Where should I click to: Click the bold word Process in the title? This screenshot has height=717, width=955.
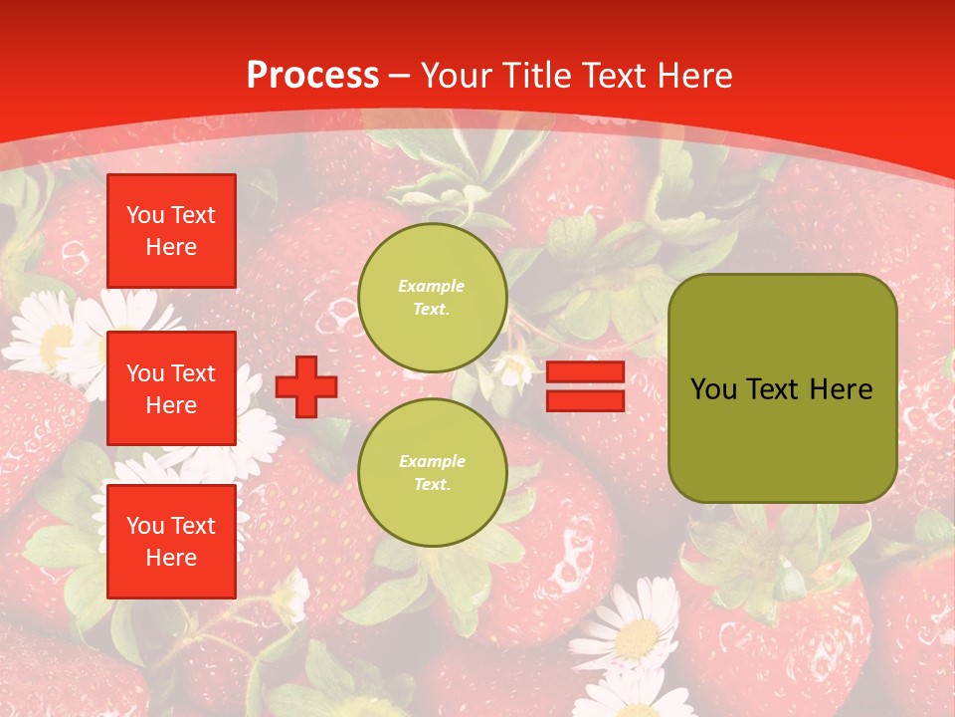tap(312, 76)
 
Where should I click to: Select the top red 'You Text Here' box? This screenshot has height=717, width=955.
tap(171, 231)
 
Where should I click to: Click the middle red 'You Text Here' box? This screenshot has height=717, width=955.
tap(171, 388)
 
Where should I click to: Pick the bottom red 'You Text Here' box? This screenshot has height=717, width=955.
tap(171, 542)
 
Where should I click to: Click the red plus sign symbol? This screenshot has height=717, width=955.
tap(305, 387)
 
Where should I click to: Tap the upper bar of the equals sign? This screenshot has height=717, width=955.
tap(585, 372)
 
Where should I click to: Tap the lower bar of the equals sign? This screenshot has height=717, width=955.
tap(585, 401)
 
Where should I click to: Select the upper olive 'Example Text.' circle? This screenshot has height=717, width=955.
tap(432, 298)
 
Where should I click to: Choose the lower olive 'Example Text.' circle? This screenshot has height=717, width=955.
tap(432, 473)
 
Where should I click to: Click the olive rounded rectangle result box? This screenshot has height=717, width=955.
tap(782, 388)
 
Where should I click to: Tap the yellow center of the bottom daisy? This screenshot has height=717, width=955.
tap(637, 637)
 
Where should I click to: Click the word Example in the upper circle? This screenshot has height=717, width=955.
tap(432, 287)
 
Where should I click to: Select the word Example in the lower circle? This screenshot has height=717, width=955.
tap(432, 462)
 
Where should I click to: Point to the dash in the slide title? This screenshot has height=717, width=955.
tap(400, 77)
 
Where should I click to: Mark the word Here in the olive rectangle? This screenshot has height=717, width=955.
tap(842, 389)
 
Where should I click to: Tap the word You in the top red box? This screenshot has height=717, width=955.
tap(145, 215)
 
